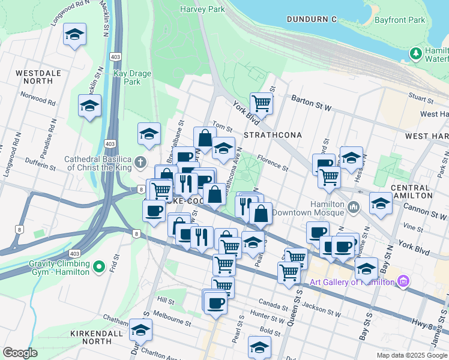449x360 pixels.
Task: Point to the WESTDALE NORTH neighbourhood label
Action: coord(38,77)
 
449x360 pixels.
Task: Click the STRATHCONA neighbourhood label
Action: coord(273,135)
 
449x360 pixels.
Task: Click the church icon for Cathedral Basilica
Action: coord(140,162)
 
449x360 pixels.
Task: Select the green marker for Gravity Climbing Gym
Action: coord(100,265)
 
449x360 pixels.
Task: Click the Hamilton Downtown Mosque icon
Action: coord(354,207)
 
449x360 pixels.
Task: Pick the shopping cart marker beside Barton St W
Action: coord(262,103)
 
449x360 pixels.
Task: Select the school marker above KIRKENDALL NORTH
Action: coord(140,329)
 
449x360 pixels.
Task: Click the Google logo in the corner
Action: coord(20,353)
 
